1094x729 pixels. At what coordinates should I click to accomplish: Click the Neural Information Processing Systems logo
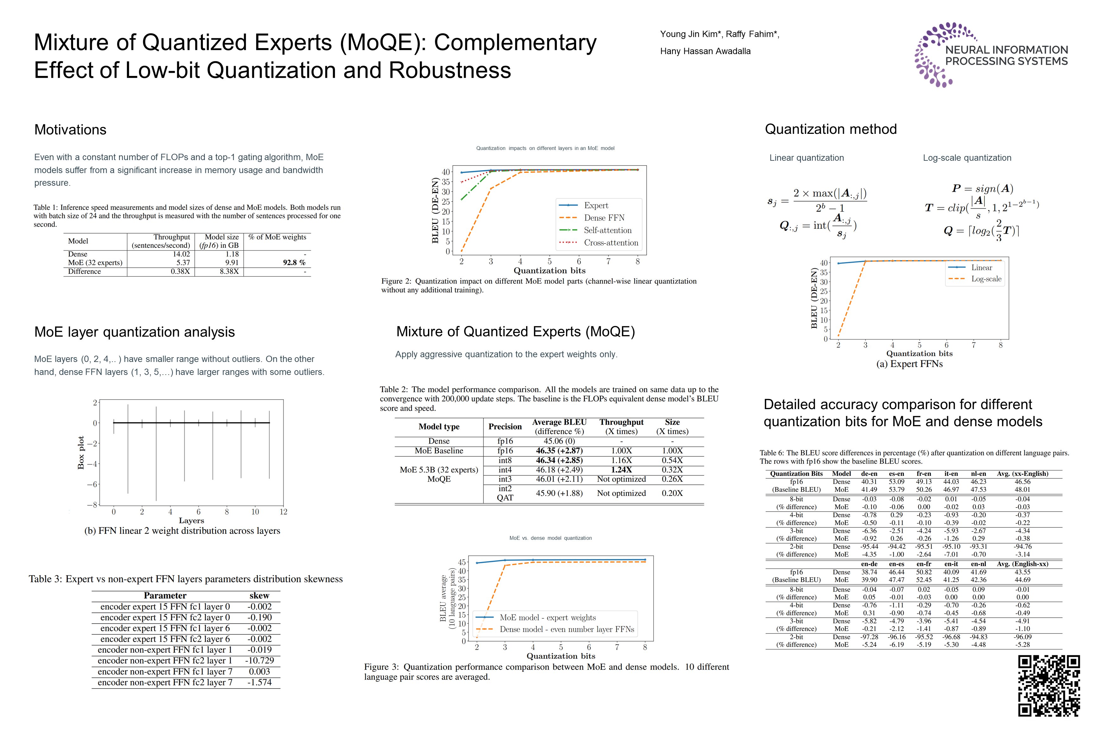tap(991, 55)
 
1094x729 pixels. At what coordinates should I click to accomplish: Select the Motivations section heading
tap(70, 130)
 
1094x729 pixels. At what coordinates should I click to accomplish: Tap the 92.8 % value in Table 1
tap(294, 263)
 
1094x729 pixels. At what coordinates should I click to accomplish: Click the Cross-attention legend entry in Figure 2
tap(611, 243)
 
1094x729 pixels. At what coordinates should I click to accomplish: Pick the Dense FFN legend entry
tap(604, 218)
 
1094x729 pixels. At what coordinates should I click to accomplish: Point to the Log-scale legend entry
tap(986, 279)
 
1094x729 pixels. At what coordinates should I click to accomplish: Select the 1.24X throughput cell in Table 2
tap(621, 470)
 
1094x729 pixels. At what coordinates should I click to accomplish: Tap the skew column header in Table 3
tap(259, 595)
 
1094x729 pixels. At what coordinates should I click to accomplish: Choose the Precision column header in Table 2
tap(505, 426)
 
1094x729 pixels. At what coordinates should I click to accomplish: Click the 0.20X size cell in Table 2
tap(672, 493)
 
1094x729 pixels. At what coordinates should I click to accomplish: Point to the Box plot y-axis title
tap(81, 452)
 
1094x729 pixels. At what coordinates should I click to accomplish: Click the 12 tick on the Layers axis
tap(283, 512)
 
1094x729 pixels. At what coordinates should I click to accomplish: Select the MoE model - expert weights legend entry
tap(547, 617)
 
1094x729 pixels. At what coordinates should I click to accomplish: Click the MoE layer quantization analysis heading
tap(135, 332)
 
